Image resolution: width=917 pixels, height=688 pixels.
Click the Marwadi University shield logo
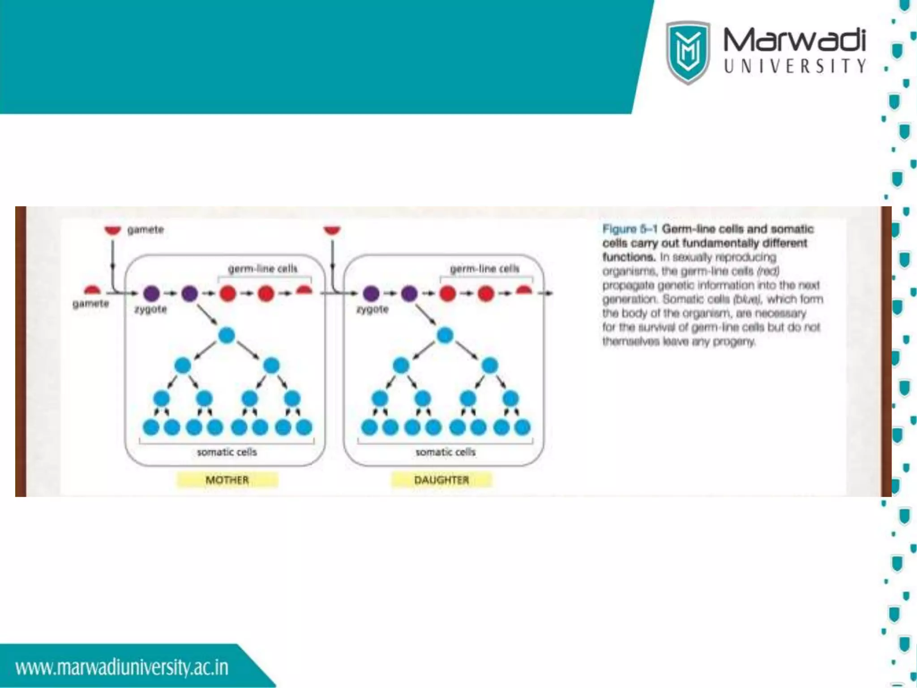[x=688, y=52]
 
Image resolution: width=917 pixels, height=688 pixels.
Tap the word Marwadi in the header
[x=794, y=40]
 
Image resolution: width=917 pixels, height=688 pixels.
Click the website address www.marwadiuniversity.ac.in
[x=122, y=667]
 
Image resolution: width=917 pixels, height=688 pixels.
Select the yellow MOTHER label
[x=227, y=480]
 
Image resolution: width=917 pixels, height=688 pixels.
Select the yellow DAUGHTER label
[x=441, y=480]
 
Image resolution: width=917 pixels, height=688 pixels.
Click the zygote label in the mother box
[x=150, y=310]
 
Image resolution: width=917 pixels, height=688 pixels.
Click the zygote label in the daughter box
[x=372, y=310]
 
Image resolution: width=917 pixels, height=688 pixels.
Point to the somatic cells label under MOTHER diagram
[x=227, y=452]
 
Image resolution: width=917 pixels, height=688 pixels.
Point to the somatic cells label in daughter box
[x=446, y=452]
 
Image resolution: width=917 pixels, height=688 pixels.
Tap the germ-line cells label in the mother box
[x=263, y=269]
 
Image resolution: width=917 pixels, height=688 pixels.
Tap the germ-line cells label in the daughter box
[x=484, y=269]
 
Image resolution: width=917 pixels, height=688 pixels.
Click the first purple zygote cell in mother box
[x=151, y=294]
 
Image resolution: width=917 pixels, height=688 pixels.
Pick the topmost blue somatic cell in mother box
[x=227, y=335]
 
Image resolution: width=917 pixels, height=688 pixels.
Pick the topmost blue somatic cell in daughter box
[x=445, y=335]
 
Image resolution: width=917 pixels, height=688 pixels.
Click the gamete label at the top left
[x=146, y=230]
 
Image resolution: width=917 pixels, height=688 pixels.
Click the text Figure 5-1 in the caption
[x=630, y=229]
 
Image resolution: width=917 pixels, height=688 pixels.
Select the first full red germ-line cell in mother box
[x=227, y=294]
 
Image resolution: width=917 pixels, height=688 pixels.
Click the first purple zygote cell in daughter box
[x=371, y=294]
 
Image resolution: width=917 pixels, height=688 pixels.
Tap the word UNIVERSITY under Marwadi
[x=794, y=66]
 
